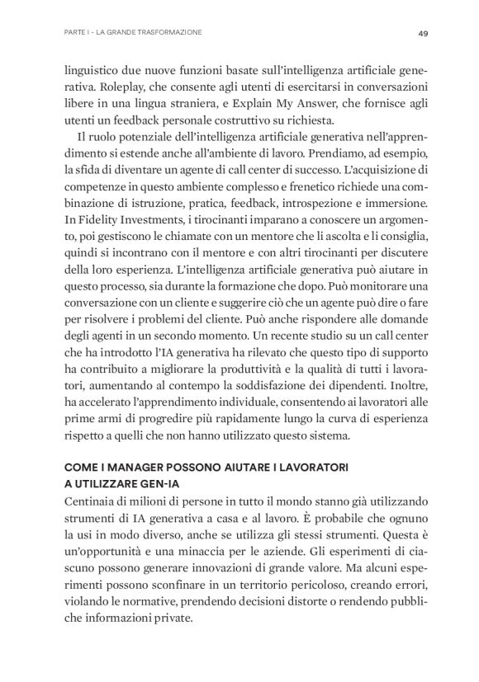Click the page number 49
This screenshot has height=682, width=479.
(421, 33)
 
